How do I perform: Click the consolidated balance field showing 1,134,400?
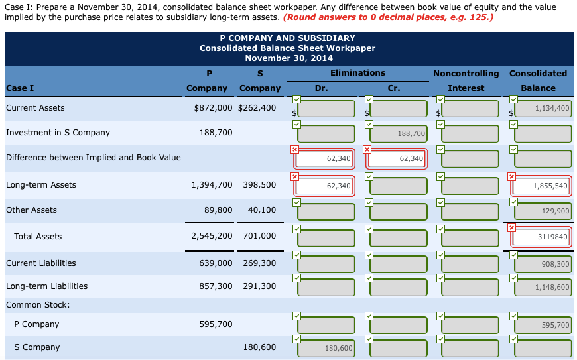click(x=543, y=108)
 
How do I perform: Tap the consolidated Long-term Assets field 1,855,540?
click(x=543, y=186)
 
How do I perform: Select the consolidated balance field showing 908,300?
click(x=543, y=264)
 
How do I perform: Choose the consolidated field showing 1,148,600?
click(x=543, y=287)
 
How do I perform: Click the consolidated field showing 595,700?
click(x=543, y=325)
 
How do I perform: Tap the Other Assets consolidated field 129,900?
click(x=543, y=211)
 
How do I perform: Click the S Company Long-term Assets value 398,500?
click(x=259, y=185)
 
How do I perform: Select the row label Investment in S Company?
click(x=58, y=133)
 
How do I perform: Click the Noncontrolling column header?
click(x=466, y=73)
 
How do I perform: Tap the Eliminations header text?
click(x=357, y=73)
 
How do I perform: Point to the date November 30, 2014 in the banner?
click(x=287, y=58)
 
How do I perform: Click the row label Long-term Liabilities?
click(x=46, y=286)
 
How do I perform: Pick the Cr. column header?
click(x=393, y=88)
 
